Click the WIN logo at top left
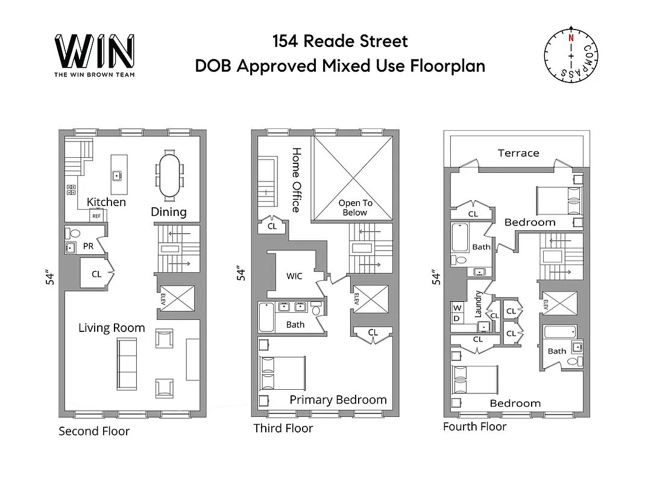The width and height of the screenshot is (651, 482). pos(94,52)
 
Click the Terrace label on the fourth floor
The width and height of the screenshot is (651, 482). pos(518,153)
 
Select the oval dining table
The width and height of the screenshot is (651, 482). pos(169,175)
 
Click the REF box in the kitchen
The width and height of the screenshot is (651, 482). pos(96,215)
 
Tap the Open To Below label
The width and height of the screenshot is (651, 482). pos(355,208)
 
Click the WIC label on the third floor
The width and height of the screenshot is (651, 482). pos(295,276)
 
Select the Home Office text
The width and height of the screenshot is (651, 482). pos(296,180)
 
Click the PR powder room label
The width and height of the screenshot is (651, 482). pos(88,246)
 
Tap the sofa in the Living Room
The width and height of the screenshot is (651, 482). pos(127,363)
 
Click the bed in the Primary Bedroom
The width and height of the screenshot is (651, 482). pos(282,373)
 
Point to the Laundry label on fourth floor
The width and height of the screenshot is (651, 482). pos(479,304)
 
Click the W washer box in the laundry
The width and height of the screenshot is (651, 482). pos(456,307)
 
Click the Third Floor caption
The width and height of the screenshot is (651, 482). pos(283,428)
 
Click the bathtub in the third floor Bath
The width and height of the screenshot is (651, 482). pos(266,318)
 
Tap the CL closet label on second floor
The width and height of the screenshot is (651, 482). pos(96,274)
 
